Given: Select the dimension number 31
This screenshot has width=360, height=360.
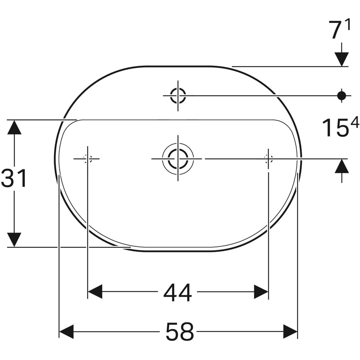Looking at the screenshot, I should pos(14,178).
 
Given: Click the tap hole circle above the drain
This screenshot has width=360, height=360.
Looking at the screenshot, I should pos(178,95).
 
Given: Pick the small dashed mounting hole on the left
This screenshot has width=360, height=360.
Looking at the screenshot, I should pos(88,158).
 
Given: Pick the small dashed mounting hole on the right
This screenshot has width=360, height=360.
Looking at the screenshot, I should pos(268,158).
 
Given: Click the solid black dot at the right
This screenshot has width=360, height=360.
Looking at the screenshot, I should pos(341,95).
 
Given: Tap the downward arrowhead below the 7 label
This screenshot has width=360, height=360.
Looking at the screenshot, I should pos(341,58).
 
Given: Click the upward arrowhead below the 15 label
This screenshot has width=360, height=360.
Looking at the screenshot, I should pos(341,166).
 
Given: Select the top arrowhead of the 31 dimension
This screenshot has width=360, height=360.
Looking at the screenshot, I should pos(14,127).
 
